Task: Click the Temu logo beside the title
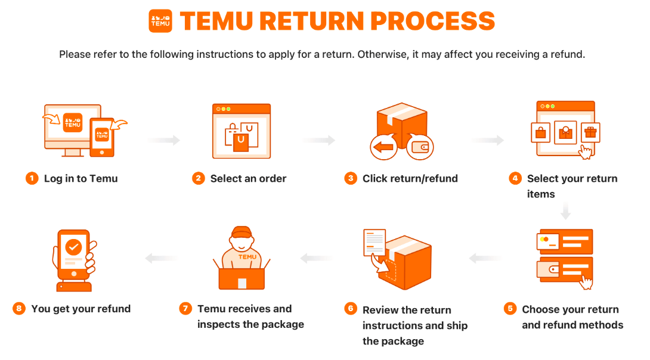tap(160, 21)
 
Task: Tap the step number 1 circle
tap(32, 178)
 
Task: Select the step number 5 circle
tap(509, 309)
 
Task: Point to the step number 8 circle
tap(19, 309)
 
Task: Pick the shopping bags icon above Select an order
tap(242, 136)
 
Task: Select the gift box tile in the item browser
tap(590, 132)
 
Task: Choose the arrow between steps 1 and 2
tap(164, 141)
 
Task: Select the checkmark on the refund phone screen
tap(73, 245)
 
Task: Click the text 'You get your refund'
tap(81, 309)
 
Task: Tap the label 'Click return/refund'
tap(410, 178)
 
